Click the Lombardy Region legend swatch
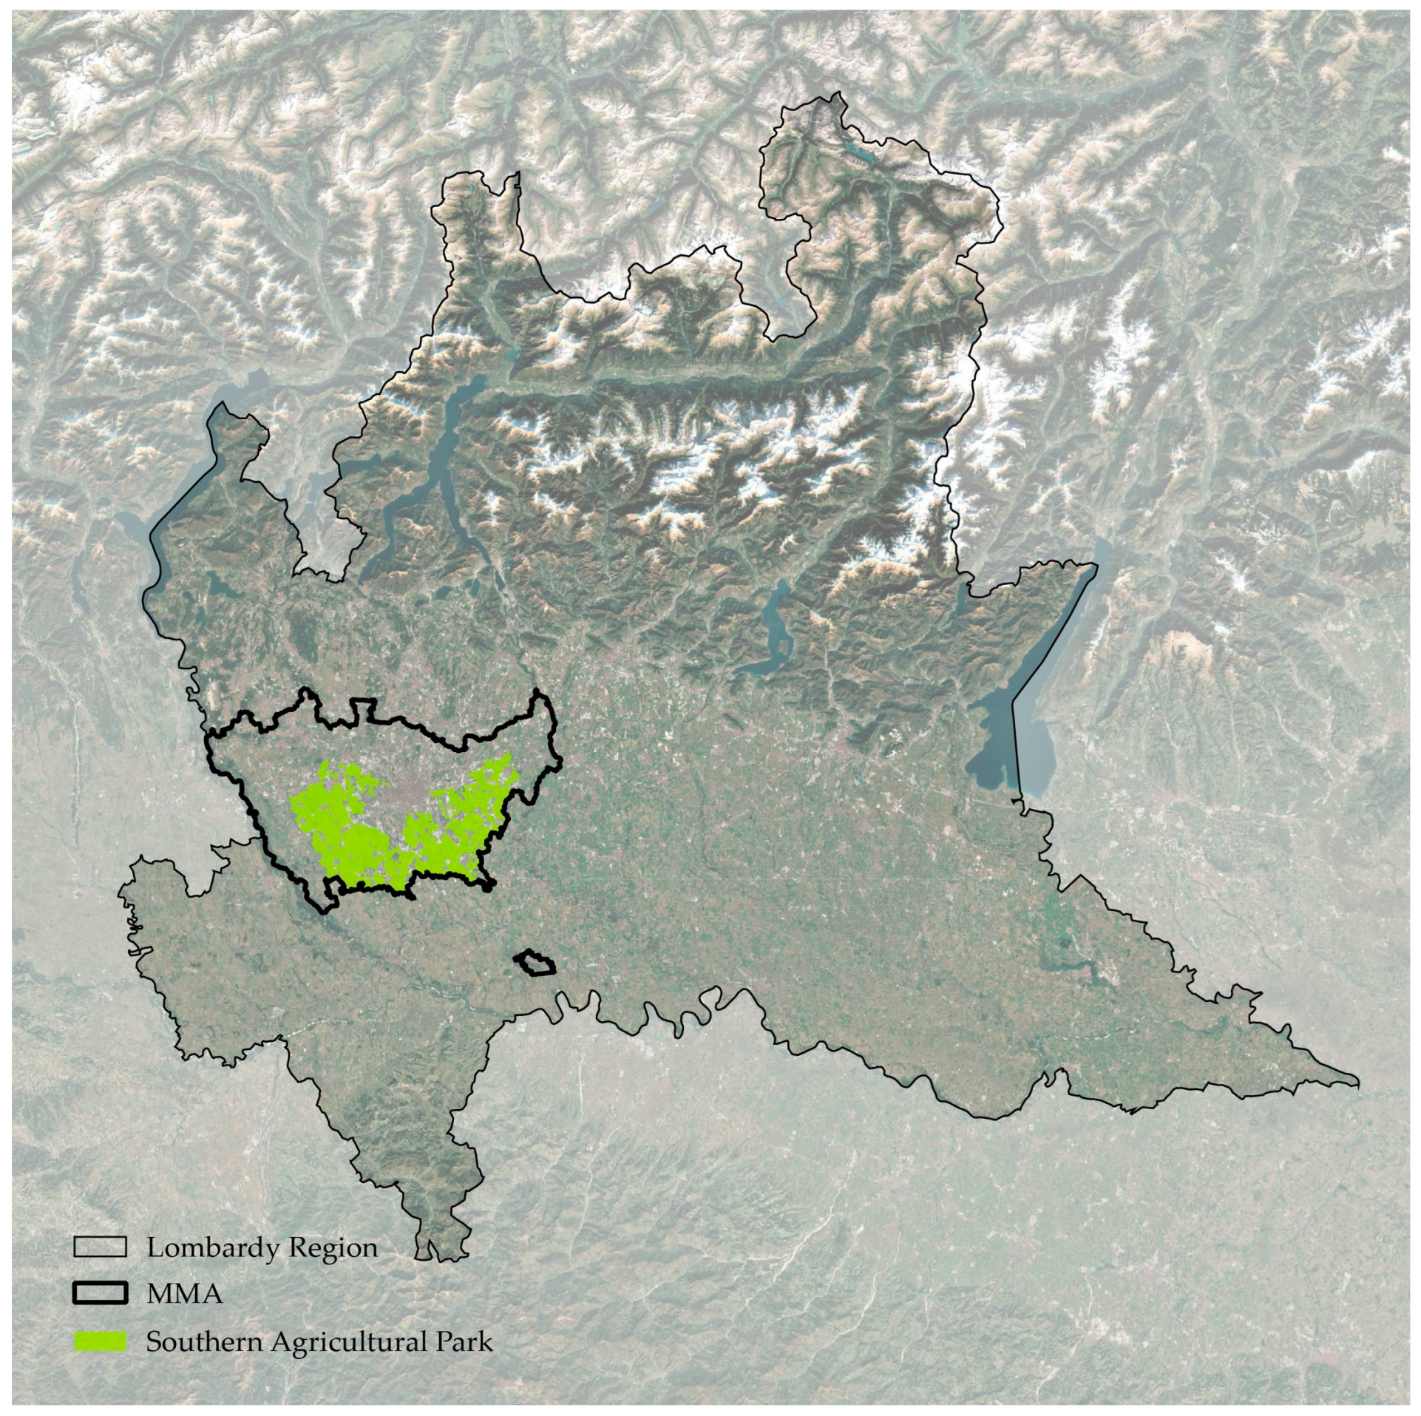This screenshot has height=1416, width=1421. (x=100, y=1247)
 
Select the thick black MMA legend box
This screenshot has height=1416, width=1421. (x=100, y=1293)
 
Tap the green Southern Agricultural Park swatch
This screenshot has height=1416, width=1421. (x=100, y=1341)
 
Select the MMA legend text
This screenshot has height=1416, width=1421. (x=185, y=1294)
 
